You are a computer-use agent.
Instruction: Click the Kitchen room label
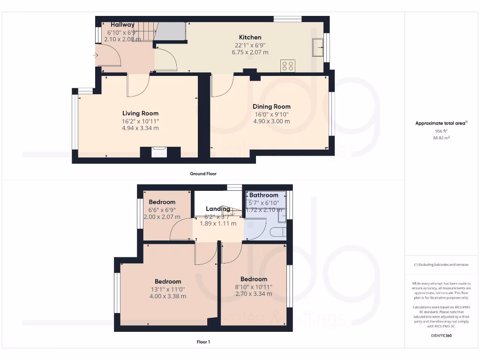click(x=250, y=37)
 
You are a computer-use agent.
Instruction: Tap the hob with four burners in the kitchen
click(x=288, y=66)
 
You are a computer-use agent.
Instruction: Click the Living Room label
click(x=140, y=113)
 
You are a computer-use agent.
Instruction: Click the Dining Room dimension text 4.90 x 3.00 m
click(x=271, y=121)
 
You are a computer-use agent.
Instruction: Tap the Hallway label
click(x=122, y=25)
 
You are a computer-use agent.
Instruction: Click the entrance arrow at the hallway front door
click(x=96, y=56)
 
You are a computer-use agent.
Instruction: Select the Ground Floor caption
click(x=203, y=173)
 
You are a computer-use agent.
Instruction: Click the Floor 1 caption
click(x=203, y=342)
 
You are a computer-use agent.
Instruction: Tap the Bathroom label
click(x=263, y=195)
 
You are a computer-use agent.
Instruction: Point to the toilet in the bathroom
click(x=279, y=232)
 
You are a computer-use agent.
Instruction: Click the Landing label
click(x=218, y=209)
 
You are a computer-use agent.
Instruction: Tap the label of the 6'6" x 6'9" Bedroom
click(x=162, y=202)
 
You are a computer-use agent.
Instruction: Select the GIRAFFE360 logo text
click(x=442, y=336)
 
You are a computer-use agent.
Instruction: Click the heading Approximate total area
click(x=441, y=123)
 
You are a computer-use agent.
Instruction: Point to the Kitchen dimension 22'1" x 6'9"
click(x=250, y=45)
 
